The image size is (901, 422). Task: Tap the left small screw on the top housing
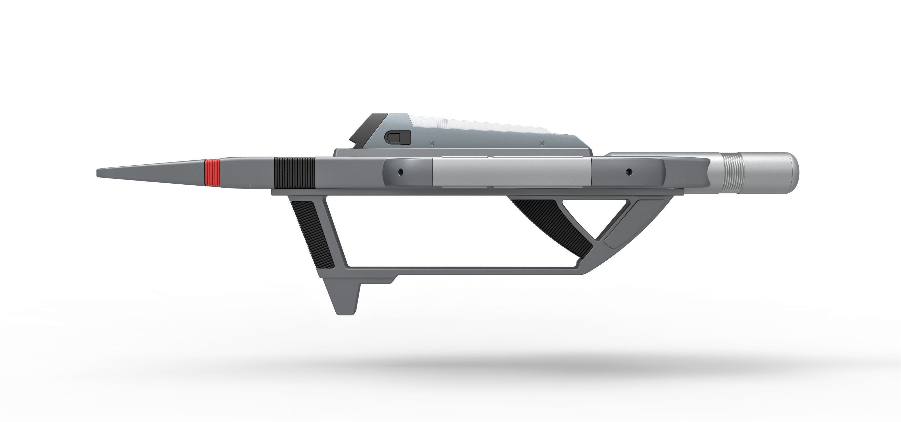[432, 143]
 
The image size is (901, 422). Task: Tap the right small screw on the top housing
[542, 143]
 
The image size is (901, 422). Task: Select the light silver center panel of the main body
[512, 173]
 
